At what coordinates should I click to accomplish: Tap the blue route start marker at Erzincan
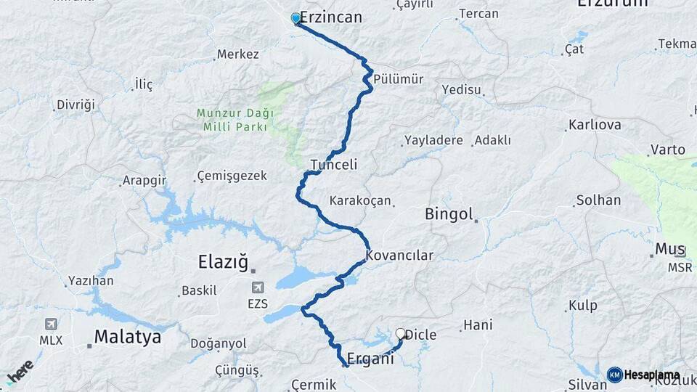[296, 18]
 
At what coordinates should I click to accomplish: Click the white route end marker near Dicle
[400, 334]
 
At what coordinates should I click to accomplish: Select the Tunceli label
[334, 166]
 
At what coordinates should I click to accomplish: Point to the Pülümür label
[399, 78]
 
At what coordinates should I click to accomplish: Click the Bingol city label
[449, 215]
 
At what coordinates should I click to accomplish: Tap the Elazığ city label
[223, 261]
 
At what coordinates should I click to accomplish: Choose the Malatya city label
[127, 338]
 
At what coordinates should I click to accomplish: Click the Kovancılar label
[399, 256]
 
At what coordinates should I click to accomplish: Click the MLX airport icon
[51, 324]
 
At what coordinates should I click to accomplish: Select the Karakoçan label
[360, 200]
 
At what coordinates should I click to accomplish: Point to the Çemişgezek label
[232, 176]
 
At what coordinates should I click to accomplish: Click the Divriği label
[76, 105]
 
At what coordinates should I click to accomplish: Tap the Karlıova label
[595, 125]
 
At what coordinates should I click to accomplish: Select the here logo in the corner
[20, 372]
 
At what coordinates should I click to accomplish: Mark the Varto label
[667, 150]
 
